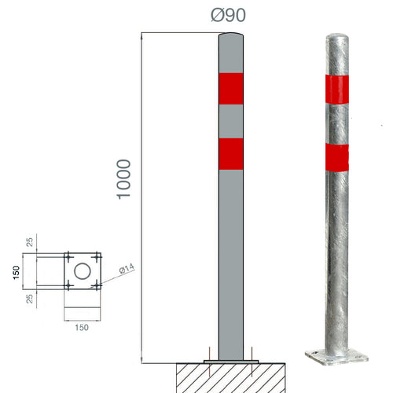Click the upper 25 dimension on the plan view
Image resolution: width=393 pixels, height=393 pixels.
pyautogui.click(x=29, y=241)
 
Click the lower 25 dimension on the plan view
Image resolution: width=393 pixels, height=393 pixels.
pyautogui.click(x=29, y=299)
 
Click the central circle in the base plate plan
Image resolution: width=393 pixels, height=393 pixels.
pyautogui.click(x=83, y=272)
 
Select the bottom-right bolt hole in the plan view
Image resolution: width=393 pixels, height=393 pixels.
pyautogui.click(x=97, y=285)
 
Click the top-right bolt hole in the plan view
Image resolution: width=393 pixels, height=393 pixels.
pyautogui.click(x=97, y=257)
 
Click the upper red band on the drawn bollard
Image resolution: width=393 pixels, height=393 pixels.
pyautogui.click(x=231, y=89)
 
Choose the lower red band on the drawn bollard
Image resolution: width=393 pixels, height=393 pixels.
pyautogui.click(x=231, y=154)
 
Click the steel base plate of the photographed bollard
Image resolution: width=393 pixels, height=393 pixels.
pyautogui.click(x=336, y=358)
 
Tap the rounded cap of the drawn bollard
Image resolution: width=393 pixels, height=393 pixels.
pyautogui.click(x=231, y=37)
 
